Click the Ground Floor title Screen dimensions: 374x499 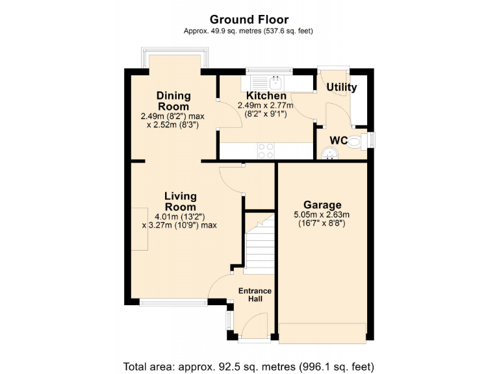click(x=249, y=20)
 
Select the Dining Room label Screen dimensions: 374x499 click(x=173, y=101)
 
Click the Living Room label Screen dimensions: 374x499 click(x=180, y=201)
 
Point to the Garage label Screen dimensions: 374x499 click(x=322, y=205)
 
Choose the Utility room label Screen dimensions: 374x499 click(x=341, y=88)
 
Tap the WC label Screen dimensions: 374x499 click(x=338, y=140)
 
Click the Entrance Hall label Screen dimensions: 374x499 click(x=254, y=295)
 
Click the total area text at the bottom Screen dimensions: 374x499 click(x=249, y=365)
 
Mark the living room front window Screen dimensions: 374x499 click(x=173, y=301)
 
